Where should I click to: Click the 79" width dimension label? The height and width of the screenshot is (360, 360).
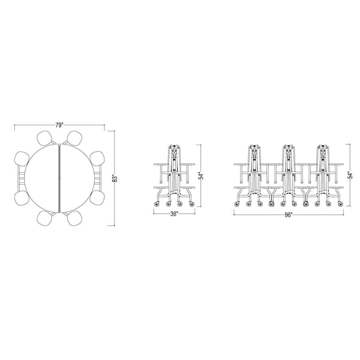(59, 125)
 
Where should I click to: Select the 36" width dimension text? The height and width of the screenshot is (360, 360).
(174, 214)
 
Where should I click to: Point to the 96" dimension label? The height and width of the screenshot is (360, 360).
(289, 215)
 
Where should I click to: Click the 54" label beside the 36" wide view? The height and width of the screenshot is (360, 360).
(201, 176)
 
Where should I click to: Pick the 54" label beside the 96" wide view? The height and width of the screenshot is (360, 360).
(350, 175)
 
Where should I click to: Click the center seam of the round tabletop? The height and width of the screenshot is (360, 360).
(59, 178)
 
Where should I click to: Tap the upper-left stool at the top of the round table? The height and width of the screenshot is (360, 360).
(44, 138)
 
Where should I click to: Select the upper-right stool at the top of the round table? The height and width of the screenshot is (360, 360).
(74, 138)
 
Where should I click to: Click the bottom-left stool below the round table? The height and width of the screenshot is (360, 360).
(44, 218)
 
